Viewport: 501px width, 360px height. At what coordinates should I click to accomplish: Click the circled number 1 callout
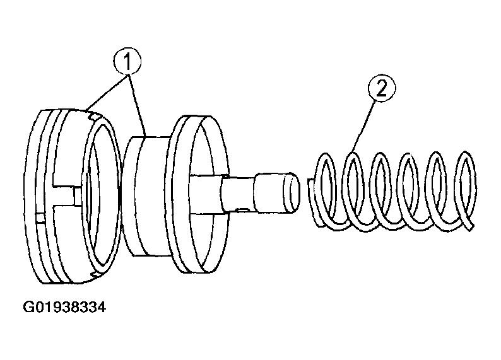coord(127,62)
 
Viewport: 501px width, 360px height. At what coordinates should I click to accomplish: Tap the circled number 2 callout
coord(382,88)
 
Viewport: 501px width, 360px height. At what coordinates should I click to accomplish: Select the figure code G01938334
coord(64,307)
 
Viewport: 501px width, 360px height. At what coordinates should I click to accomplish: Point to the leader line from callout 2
coord(364,125)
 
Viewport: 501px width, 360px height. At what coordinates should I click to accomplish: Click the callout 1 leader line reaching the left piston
coord(107,93)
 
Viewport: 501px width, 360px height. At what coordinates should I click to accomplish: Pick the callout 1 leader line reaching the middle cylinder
coord(137,106)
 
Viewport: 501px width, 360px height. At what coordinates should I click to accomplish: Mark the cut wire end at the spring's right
coord(469,225)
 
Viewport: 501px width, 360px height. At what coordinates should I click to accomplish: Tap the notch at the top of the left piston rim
coord(92,115)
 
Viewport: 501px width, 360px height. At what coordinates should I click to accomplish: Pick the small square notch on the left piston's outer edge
coord(40,218)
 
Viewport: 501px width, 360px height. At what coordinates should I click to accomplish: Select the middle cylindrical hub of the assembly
coord(145,195)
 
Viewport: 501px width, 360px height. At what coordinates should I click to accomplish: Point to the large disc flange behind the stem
coord(199,194)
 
